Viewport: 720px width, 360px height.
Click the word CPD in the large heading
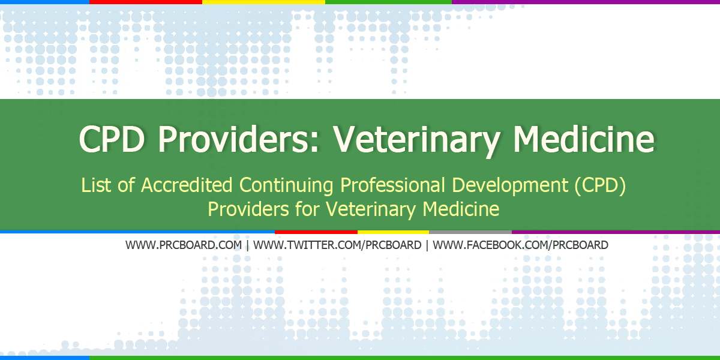click(x=112, y=139)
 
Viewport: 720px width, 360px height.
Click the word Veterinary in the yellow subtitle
click(x=372, y=209)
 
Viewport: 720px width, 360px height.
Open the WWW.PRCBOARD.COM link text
click(x=184, y=245)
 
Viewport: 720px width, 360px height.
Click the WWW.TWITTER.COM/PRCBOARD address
click(x=339, y=245)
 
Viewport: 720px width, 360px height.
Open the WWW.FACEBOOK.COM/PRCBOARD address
click(x=520, y=245)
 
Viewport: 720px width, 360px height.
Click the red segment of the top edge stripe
click(x=146, y=2)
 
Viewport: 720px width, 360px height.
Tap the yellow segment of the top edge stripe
click(x=264, y=2)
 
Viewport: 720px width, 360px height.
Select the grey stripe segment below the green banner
click(x=470, y=231)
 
